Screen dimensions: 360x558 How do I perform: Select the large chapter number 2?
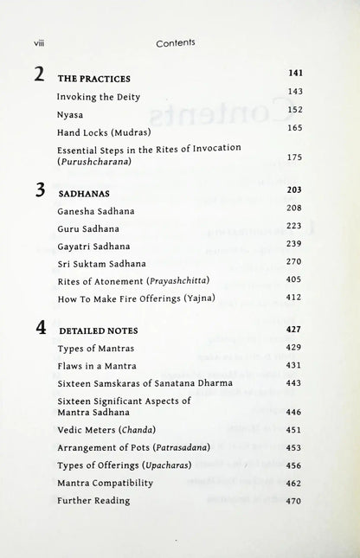38,74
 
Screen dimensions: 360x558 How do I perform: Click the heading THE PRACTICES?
93,78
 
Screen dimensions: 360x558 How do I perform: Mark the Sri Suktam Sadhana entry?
101,263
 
